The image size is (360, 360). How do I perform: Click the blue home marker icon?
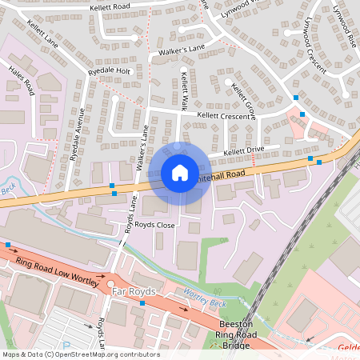coord(179,172)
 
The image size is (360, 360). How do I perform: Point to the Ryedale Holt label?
coord(110,70)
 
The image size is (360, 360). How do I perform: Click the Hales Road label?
coord(22,80)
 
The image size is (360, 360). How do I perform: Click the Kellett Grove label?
coord(242,100)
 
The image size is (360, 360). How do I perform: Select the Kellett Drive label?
coord(243,150)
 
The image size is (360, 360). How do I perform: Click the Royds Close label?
coord(154,226)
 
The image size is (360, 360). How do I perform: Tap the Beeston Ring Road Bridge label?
coord(237,334)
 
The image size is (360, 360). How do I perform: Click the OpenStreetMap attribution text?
coord(80,354)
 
